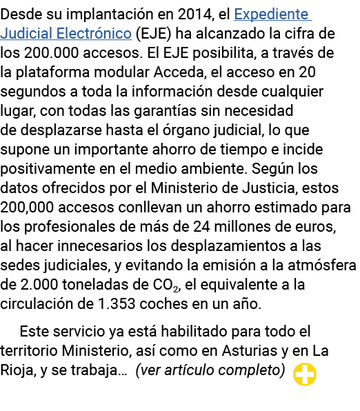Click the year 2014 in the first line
194,14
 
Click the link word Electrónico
94,34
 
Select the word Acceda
179,72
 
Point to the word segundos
33,92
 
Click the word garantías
166,110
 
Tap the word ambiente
213,168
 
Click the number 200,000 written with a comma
27,208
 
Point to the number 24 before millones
201,226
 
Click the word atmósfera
322,265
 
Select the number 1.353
117,304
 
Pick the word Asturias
250,351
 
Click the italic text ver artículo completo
210,370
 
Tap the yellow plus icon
305,374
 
